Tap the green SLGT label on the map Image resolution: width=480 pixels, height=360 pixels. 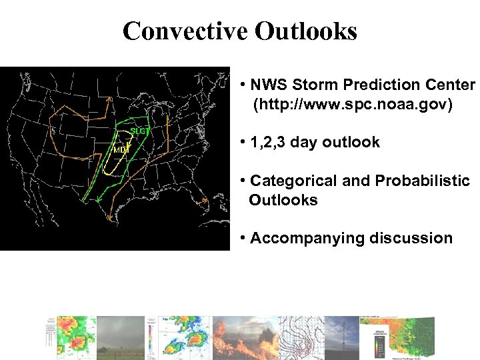point(139,131)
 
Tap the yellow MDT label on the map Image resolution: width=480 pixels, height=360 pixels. point(120,150)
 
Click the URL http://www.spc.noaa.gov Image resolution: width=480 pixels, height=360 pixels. point(352,105)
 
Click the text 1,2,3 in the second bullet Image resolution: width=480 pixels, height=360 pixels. point(268,143)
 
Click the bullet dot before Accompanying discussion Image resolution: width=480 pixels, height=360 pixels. point(245,239)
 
